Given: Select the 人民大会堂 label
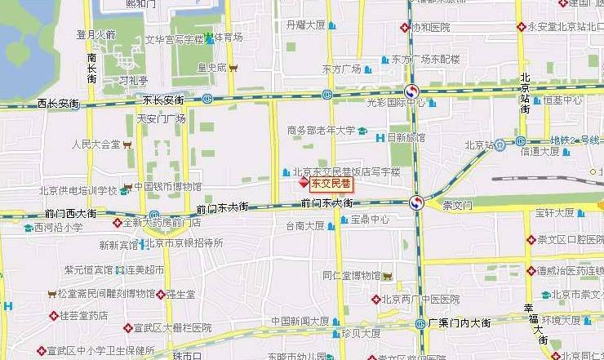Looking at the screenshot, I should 96,144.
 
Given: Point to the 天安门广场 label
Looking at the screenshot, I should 161,119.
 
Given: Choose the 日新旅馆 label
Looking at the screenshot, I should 406,137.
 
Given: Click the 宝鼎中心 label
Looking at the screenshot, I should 371,220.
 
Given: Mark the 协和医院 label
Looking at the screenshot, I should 430,27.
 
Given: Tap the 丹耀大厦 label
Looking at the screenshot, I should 306,26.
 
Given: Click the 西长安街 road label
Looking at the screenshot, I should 58,104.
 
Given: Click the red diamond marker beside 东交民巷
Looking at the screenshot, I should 304,184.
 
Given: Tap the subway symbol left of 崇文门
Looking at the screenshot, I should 416,202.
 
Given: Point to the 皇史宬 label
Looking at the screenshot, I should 211,68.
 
